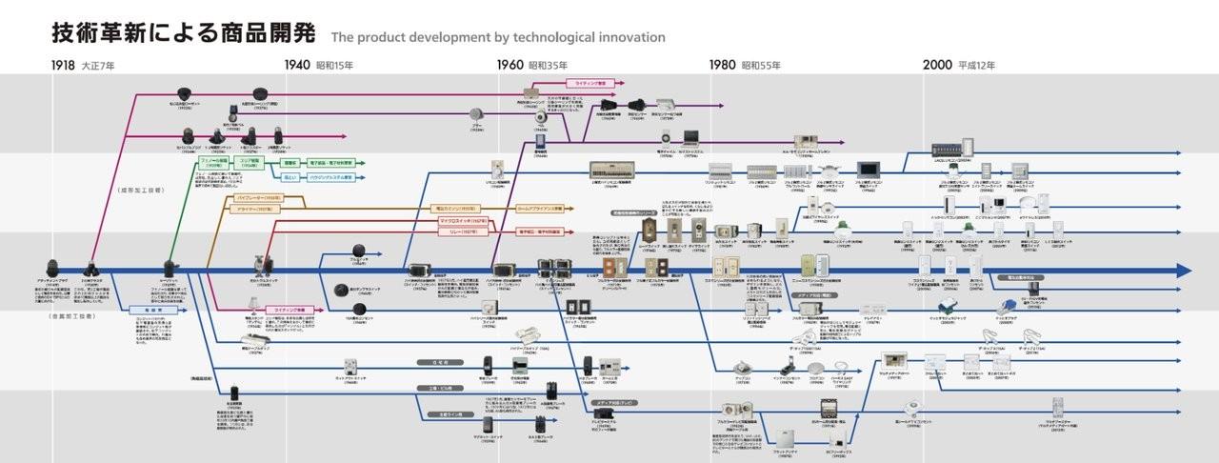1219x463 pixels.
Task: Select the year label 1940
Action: pyautogui.click(x=297, y=66)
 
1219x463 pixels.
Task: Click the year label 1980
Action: pyautogui.click(x=723, y=66)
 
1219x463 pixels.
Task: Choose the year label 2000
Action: pyautogui.click(x=936, y=66)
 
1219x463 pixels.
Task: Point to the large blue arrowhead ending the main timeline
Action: pyautogui.click(x=1184, y=271)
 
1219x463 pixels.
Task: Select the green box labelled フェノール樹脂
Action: pyautogui.click(x=214, y=163)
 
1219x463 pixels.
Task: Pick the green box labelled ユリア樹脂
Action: pyautogui.click(x=250, y=163)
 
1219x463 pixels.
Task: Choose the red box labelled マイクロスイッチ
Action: pyautogui.click(x=464, y=220)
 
